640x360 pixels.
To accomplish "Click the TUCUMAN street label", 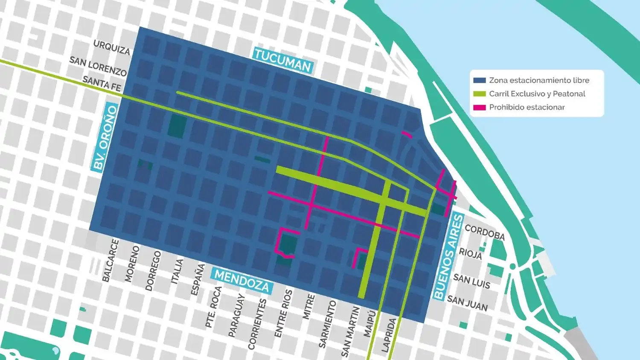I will [283, 60].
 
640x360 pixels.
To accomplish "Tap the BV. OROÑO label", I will [105, 137].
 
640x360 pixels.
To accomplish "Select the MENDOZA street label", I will [242, 281].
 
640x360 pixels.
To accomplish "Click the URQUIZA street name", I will [111, 47].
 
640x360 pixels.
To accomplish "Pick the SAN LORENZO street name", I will [98, 66].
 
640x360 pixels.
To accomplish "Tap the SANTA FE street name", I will [102, 83].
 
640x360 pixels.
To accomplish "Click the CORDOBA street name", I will [485, 232].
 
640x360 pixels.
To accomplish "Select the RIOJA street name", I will [470, 254].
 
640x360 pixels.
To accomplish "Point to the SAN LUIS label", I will [471, 281].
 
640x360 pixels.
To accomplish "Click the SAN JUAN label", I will [467, 303].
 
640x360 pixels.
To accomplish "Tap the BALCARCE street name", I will [111, 260].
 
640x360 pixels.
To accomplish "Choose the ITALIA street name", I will [177, 271].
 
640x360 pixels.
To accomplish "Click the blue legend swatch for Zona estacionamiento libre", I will [480, 80].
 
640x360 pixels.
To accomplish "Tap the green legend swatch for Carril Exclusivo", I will [480, 94].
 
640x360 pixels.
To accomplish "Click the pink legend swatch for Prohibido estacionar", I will [480, 107].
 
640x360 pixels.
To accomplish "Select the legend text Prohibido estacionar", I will [527, 107].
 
